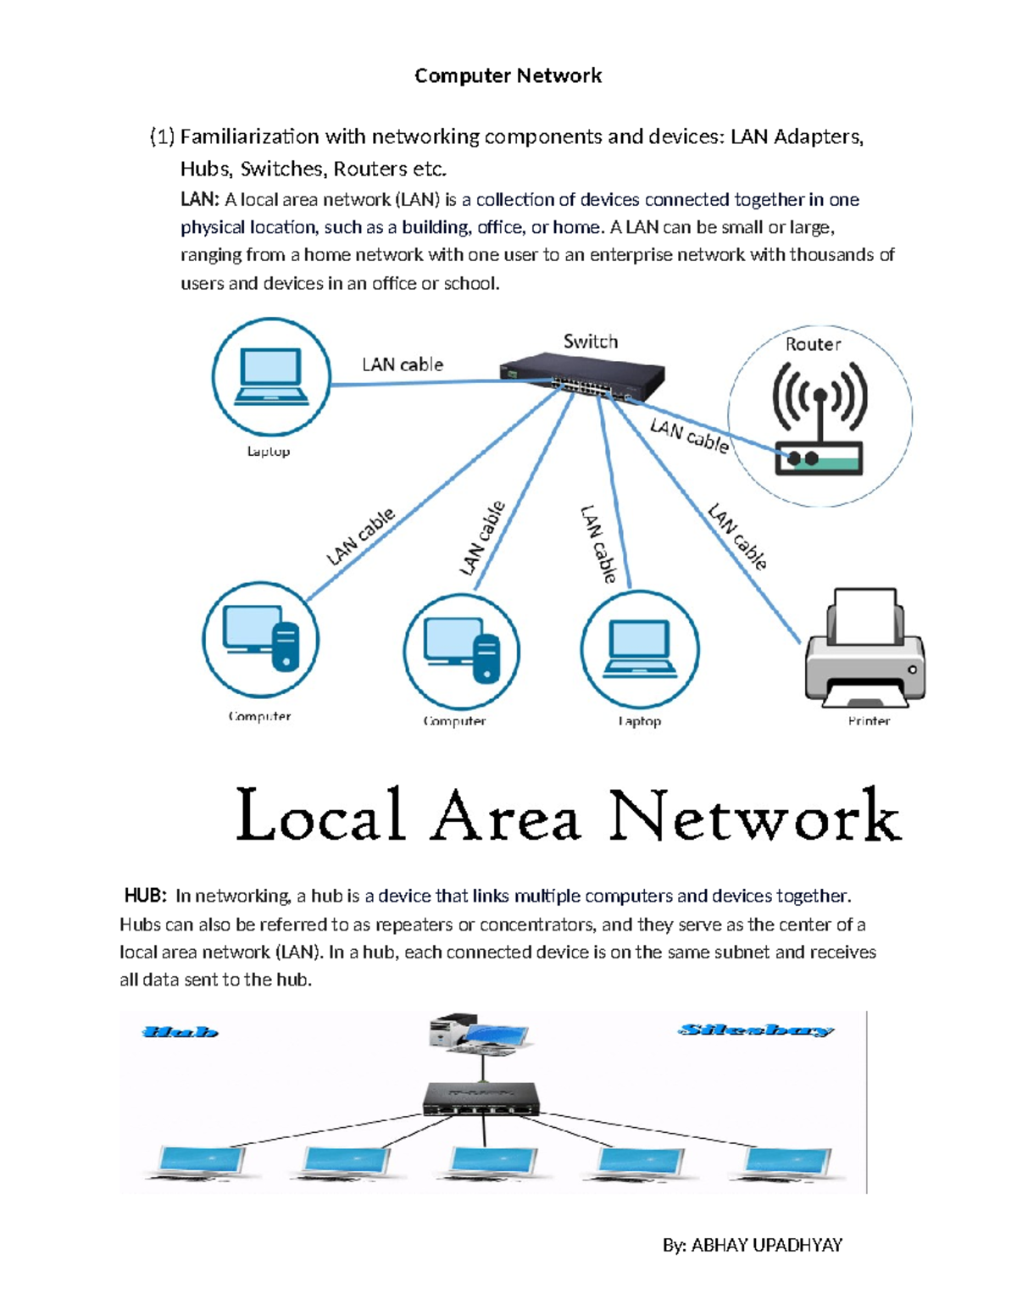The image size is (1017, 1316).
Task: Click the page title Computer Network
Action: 508,75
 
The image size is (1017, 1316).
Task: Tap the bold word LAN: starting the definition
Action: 200,200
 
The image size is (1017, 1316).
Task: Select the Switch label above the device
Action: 591,341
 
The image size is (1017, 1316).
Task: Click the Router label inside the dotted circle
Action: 813,344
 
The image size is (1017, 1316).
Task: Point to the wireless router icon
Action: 819,419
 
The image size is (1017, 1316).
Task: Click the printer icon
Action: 864,649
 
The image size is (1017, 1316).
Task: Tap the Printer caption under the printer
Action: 869,721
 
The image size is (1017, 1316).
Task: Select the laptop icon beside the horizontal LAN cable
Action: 270,377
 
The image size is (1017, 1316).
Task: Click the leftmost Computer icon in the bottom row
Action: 261,640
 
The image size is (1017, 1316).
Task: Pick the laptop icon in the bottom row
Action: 640,649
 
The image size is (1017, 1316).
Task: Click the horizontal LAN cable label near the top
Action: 403,364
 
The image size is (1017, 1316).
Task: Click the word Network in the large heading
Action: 754,815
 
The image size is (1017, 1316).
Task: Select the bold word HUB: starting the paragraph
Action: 146,897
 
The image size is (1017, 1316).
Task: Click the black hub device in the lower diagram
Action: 481,1099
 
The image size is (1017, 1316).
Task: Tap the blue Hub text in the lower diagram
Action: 181,1032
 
